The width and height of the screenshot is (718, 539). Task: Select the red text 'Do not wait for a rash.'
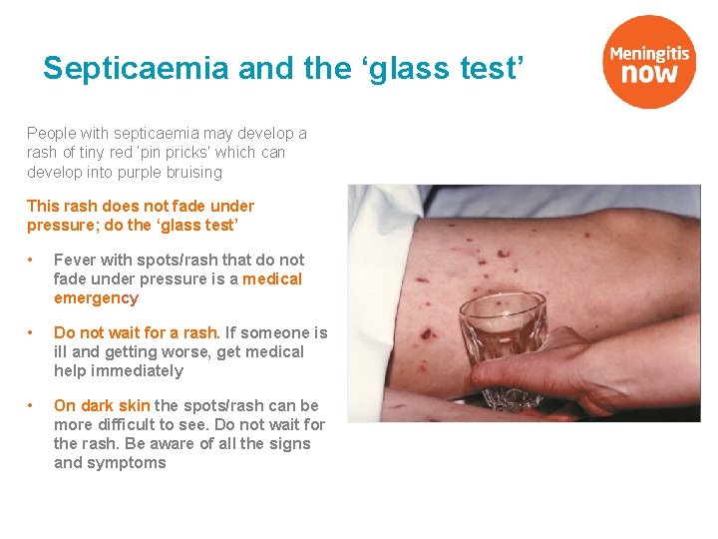[x=137, y=332]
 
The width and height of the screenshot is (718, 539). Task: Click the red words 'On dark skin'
[x=102, y=405]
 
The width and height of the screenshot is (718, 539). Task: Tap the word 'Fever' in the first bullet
[x=75, y=260]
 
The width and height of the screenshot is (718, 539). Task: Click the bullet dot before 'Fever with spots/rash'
[x=32, y=261]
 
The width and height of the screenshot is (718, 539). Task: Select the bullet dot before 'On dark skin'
[x=32, y=406]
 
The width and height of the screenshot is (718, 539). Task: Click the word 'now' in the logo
[x=650, y=73]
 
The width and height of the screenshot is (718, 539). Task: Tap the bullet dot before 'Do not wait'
[x=32, y=333]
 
